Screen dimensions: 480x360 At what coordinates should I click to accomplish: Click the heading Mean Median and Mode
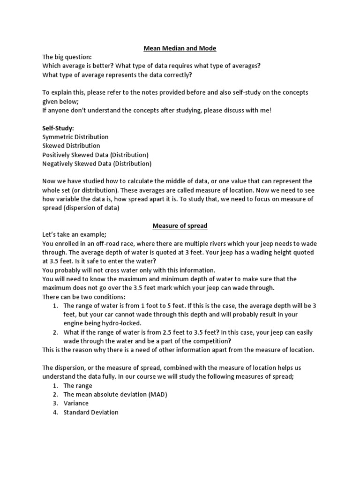pos(180,48)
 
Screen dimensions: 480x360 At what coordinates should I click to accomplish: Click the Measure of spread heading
pos(180,225)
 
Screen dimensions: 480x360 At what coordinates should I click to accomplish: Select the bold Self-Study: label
pos(58,128)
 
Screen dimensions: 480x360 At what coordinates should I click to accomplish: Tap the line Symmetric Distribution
pos(75,137)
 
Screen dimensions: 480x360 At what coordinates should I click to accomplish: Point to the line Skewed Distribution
pos(71,146)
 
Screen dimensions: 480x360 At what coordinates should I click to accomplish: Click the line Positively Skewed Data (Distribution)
pos(95,155)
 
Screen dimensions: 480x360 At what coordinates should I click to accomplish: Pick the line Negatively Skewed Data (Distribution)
pos(97,164)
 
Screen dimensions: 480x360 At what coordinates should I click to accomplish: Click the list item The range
pos(78,386)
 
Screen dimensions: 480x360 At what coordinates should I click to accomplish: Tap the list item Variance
pos(76,404)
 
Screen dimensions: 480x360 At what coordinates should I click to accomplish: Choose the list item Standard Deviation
pos(91,412)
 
